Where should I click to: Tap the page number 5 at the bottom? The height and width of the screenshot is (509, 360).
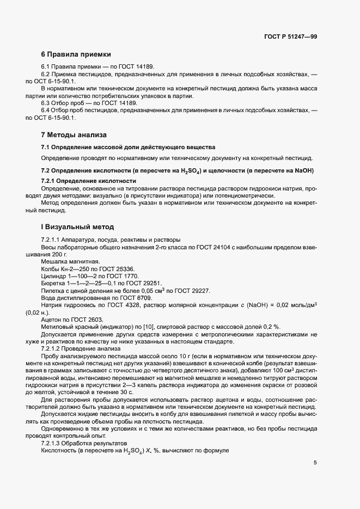pos(315,463)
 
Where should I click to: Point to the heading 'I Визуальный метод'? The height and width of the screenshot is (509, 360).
pos(77,226)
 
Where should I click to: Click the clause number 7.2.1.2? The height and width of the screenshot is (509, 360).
pos(54,349)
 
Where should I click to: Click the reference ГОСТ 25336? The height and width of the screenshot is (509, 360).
pos(117,269)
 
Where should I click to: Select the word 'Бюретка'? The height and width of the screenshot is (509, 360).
pos(54,283)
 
